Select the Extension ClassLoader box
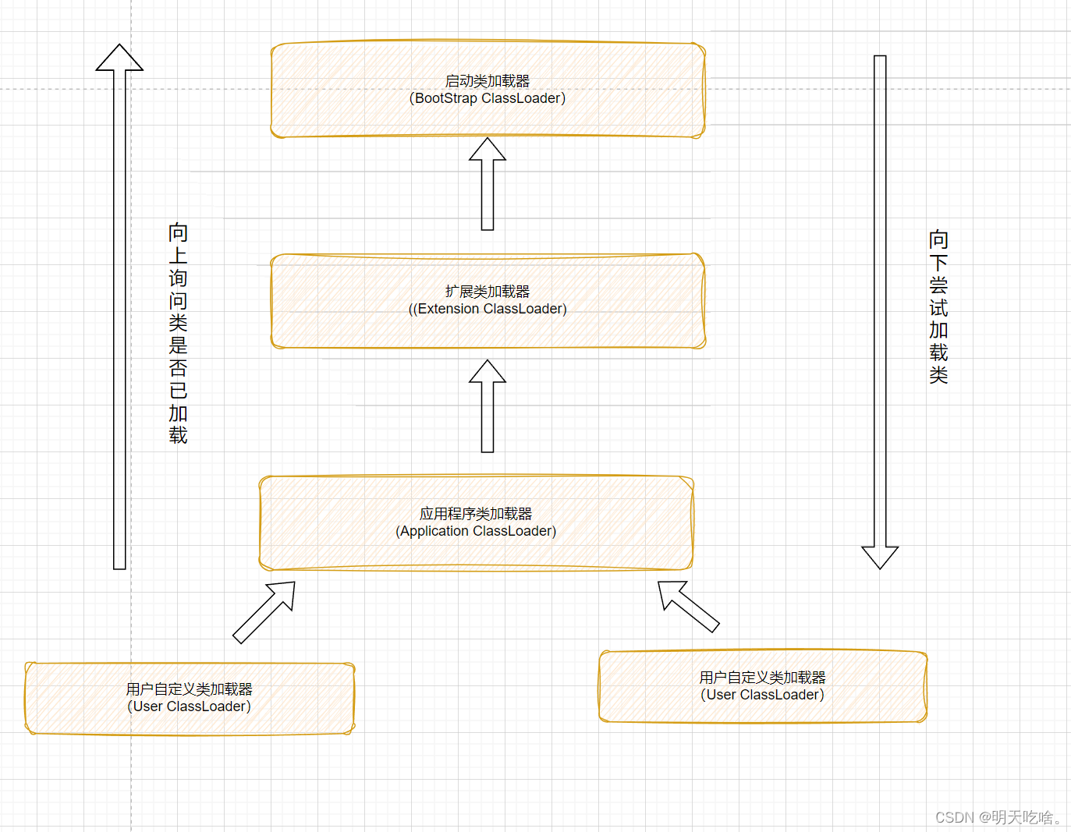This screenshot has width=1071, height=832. pyautogui.click(x=488, y=327)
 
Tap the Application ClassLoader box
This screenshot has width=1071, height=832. pyautogui.click(x=476, y=550)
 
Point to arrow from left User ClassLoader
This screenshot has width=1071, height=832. pyautogui.click(x=264, y=612)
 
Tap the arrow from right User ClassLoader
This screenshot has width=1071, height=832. pyautogui.click(x=687, y=606)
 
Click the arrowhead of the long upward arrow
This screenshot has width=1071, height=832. pyautogui.click(x=119, y=58)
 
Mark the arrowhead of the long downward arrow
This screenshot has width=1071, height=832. pyautogui.click(x=880, y=556)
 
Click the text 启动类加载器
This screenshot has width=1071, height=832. pyautogui.click(x=488, y=80)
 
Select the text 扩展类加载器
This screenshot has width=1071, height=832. pyautogui.click(x=488, y=291)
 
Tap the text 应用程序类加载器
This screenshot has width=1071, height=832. pyautogui.click(x=476, y=513)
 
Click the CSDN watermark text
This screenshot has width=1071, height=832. pyautogui.click(x=998, y=816)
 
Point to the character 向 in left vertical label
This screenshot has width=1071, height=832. pyautogui.click(x=178, y=232)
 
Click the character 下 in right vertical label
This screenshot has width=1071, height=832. pyautogui.click(x=938, y=262)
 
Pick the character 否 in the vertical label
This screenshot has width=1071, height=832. pyautogui.click(x=178, y=368)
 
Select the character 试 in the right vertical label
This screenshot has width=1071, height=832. pyautogui.click(x=938, y=307)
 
